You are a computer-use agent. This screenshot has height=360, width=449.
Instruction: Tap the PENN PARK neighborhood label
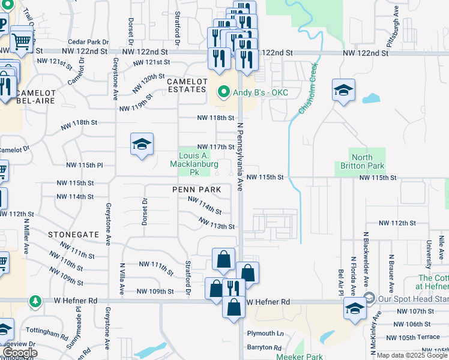pyautogui.click(x=196, y=190)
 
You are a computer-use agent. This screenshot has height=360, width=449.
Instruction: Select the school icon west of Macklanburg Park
pyautogui.click(x=142, y=145)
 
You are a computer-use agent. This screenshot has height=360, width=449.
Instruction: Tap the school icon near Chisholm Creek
pyautogui.click(x=343, y=91)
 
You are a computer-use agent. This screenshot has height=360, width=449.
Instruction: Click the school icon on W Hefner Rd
pyautogui.click(x=355, y=309)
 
